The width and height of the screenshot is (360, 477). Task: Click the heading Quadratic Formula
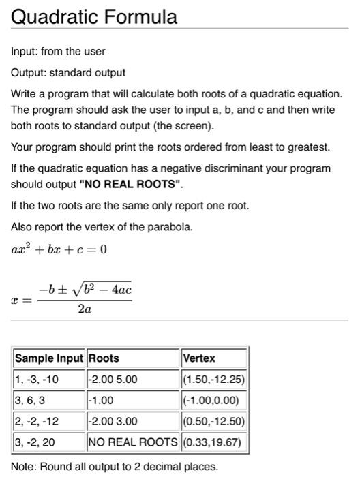(94, 16)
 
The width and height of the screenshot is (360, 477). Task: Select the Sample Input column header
(49, 358)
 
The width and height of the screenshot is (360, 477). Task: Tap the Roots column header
(104, 358)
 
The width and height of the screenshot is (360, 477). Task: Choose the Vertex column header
(199, 358)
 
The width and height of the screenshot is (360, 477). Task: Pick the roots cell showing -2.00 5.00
(113, 379)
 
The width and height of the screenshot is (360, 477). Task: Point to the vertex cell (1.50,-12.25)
(213, 379)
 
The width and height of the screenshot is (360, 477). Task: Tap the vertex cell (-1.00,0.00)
(213, 400)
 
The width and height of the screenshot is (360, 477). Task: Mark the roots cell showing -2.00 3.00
(113, 421)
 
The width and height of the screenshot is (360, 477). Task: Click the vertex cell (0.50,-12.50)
(213, 421)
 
